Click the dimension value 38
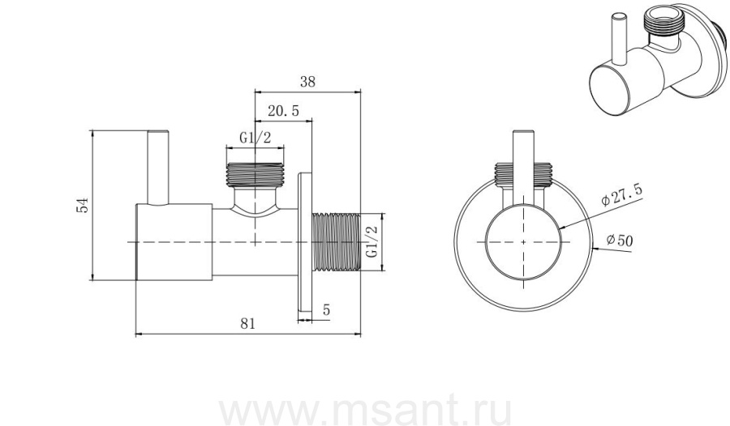tap(307, 82)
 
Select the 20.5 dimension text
tap(283, 112)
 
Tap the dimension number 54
tap(82, 205)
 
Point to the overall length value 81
tap(248, 323)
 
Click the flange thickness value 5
tap(326, 309)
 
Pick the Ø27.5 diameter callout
tap(621, 194)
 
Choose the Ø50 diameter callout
tap(620, 241)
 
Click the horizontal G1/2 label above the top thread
tap(255, 138)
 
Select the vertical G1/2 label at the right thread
tap(371, 241)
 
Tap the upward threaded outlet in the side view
tap(255, 174)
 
